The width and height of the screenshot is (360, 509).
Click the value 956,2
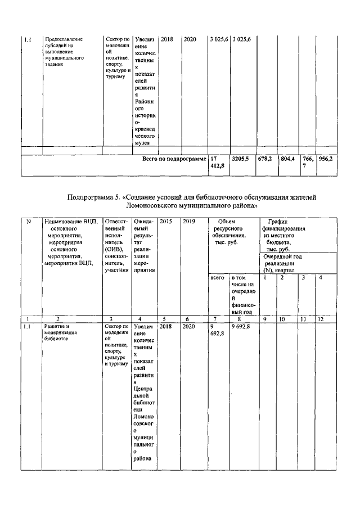[x=326, y=159]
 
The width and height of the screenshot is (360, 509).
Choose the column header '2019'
[x=188, y=222]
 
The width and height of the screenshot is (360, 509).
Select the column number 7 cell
[x=215, y=319]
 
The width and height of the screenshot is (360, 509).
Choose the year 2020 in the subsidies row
[x=191, y=39]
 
